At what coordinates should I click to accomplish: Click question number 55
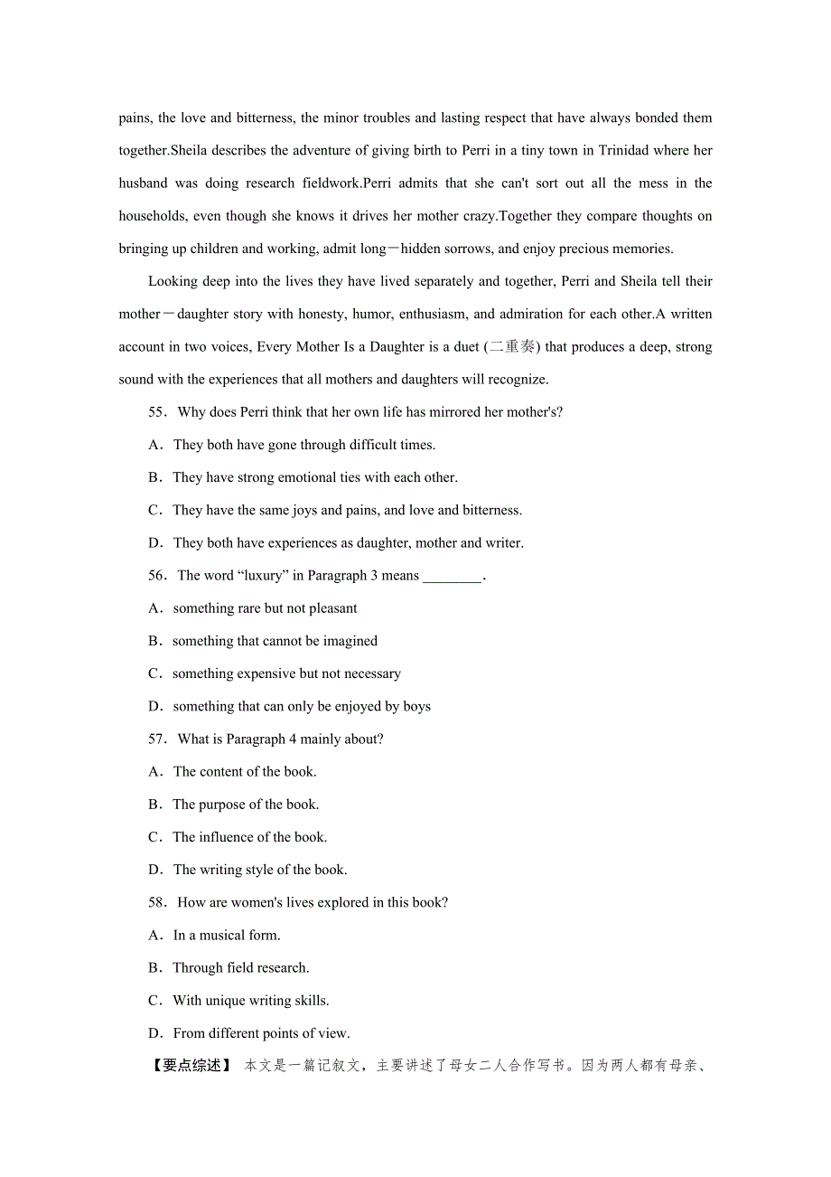(x=157, y=412)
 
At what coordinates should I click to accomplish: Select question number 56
(x=157, y=576)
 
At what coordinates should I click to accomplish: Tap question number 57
(x=157, y=739)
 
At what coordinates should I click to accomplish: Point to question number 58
(x=157, y=903)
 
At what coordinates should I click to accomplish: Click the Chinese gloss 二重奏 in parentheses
(x=512, y=346)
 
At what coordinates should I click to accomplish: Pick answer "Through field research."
(x=240, y=968)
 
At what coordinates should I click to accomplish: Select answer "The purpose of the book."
(x=245, y=805)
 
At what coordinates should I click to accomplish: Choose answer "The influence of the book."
(x=249, y=837)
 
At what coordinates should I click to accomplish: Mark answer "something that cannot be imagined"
(x=275, y=641)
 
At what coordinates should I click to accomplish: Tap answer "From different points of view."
(x=261, y=1033)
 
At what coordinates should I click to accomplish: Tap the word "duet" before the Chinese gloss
(x=464, y=347)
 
